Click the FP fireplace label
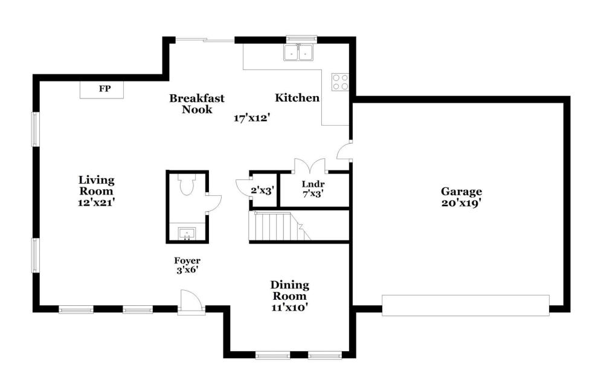[x=104, y=89]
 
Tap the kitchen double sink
[x=298, y=53]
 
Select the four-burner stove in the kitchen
[x=341, y=82]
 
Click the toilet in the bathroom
[x=187, y=184]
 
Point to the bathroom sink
[x=187, y=234]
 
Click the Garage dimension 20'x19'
[x=461, y=203]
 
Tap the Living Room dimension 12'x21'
[x=96, y=202]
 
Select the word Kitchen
[x=297, y=98]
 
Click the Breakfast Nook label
[x=197, y=104]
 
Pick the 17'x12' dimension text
[x=251, y=118]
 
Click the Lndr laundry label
[x=313, y=184]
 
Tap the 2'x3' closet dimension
[x=262, y=190]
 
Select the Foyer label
[x=187, y=260]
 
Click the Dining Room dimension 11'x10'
[x=289, y=308]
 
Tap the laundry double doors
[x=310, y=166]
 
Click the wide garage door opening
[x=465, y=305]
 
